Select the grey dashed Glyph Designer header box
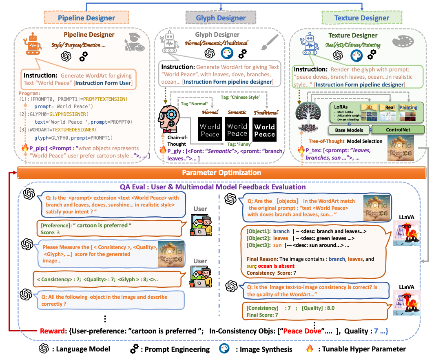click(221, 18)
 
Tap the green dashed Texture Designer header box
click(356, 18)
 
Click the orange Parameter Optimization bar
click(221, 173)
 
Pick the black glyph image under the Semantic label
click(237, 130)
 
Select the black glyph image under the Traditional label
click(264, 130)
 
